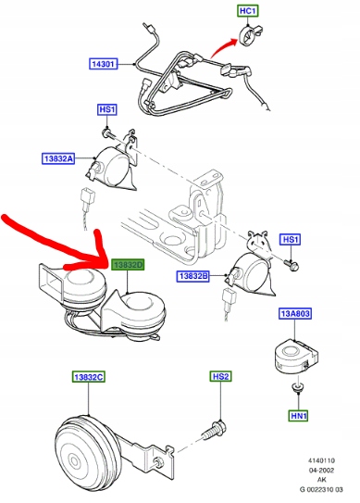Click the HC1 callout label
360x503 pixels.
click(248, 11)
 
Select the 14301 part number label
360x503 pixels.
click(103, 64)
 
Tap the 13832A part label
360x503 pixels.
click(58, 158)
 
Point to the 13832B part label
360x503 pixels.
click(193, 276)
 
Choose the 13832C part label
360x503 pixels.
click(88, 377)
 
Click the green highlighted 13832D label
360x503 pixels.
click(128, 265)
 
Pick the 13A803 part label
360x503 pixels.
click(295, 313)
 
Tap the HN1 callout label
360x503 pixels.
click(298, 416)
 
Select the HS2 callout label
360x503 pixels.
click(220, 376)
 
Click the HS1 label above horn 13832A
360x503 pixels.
click(107, 109)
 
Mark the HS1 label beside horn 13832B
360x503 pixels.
click(290, 240)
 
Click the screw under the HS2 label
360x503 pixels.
click(214, 430)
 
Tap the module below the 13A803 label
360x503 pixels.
click(296, 355)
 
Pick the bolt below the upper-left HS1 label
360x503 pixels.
click(108, 133)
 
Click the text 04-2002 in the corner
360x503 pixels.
click(321, 471)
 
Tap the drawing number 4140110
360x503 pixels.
click(321, 460)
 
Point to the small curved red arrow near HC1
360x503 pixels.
click(222, 47)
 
